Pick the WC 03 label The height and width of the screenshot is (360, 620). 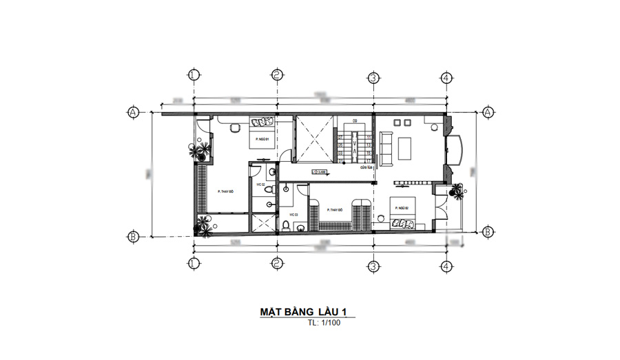tap(293, 215)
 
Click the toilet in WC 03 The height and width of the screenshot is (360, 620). tap(287, 225)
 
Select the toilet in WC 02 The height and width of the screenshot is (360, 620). tap(271, 188)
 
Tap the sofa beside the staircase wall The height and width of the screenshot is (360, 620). tap(385, 147)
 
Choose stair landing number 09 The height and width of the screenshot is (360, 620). tap(355, 121)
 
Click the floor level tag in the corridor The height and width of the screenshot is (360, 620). tap(320, 172)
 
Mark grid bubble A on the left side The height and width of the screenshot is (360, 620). tap(132, 112)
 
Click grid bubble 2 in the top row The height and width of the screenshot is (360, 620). tap(276, 75)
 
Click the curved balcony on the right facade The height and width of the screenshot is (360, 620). tap(456, 148)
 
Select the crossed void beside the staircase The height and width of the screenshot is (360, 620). tap(313, 140)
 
